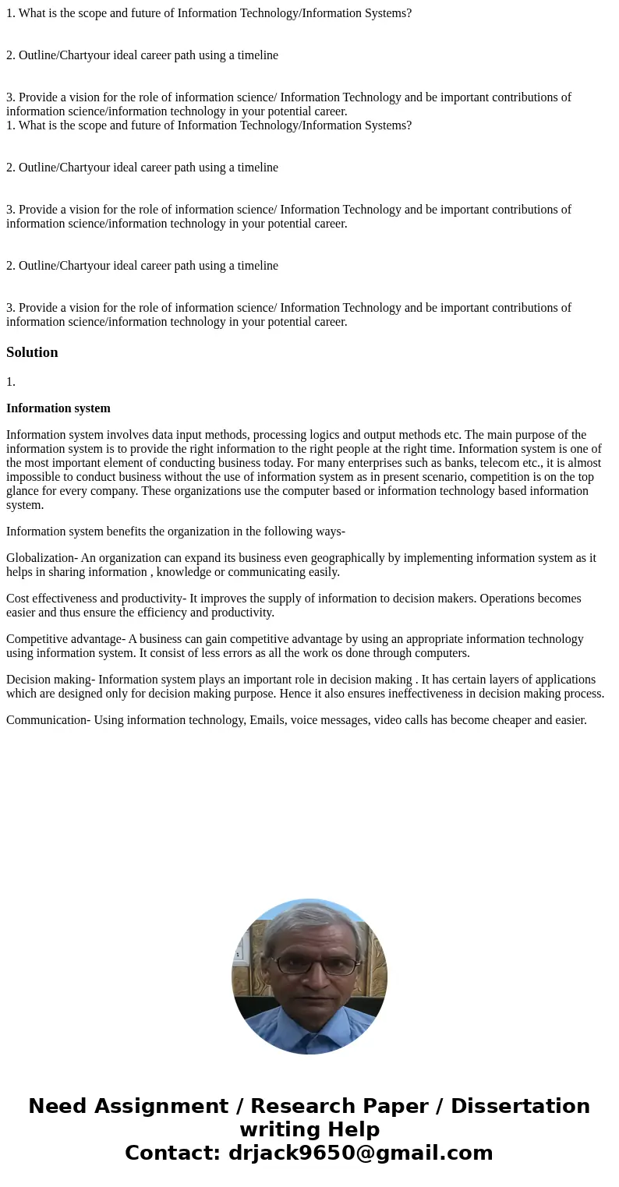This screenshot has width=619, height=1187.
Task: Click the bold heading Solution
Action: click(32, 352)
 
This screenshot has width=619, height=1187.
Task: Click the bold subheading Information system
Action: click(58, 408)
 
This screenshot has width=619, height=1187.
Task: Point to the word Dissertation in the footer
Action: click(520, 1106)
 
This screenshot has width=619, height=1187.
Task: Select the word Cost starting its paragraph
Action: click(18, 599)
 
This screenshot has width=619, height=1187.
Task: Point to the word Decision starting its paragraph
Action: click(28, 680)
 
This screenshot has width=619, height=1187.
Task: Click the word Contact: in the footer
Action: click(173, 1153)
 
